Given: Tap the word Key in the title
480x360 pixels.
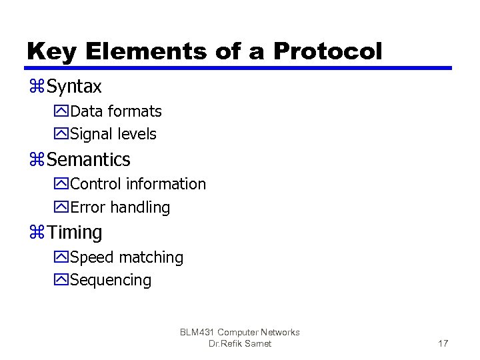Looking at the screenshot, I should click(49, 51).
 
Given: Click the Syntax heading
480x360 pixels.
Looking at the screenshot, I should click(74, 87).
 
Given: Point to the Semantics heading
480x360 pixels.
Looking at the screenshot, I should click(89, 160).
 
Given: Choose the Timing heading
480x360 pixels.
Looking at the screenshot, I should click(75, 233).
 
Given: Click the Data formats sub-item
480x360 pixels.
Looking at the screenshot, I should click(115, 111).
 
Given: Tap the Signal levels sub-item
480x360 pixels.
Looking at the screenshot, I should click(113, 134).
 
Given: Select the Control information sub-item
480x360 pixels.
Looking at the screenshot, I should click(137, 184).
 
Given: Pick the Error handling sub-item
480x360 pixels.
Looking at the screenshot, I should click(119, 207).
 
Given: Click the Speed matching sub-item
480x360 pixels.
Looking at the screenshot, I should click(126, 257).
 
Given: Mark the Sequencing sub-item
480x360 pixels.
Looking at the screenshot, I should click(110, 280).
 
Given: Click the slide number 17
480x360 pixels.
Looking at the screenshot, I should click(443, 343).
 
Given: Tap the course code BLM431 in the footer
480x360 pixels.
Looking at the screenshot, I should click(197, 332).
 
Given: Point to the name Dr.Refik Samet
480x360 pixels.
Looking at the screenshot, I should click(240, 343).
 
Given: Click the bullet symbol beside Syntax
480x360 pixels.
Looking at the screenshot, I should click(36, 87).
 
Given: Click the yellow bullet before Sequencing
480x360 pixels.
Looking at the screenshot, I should click(61, 280).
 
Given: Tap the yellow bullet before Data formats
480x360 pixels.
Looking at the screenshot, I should click(61, 111).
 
